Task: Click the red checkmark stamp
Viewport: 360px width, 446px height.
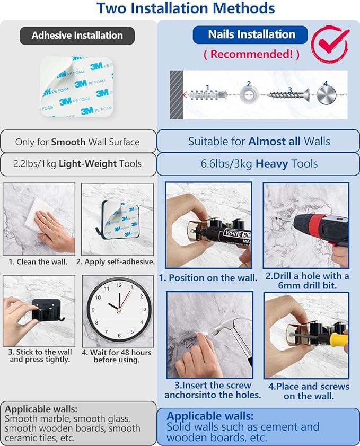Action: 330,43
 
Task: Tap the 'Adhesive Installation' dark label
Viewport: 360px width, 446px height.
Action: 77,36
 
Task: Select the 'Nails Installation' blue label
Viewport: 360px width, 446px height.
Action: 250,34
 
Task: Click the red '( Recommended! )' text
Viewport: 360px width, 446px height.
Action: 252,54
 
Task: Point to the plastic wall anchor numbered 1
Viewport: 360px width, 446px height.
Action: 208,94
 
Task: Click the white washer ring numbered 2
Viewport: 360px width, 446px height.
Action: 249,95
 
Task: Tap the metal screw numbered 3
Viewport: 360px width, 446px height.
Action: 288,94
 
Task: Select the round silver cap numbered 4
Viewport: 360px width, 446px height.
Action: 327,95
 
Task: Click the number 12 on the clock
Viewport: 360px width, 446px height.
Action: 119,285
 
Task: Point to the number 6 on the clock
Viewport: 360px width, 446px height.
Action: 119,335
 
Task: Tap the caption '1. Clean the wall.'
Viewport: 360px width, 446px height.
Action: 38,261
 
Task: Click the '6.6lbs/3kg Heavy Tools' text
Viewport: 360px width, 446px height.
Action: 259,164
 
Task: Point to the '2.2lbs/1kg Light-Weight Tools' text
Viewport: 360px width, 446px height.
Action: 77,163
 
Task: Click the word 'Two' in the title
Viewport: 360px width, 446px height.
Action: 111,8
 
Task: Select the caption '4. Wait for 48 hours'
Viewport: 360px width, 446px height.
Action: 116,353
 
